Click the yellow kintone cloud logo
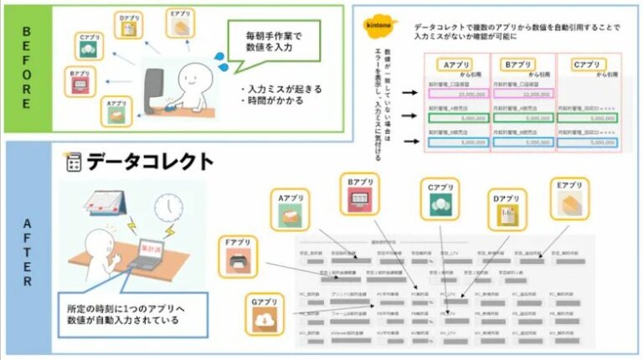pyautogui.click(x=379, y=24)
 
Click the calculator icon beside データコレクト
pyautogui.click(x=72, y=162)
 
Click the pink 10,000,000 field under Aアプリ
pyautogui.click(x=458, y=95)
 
